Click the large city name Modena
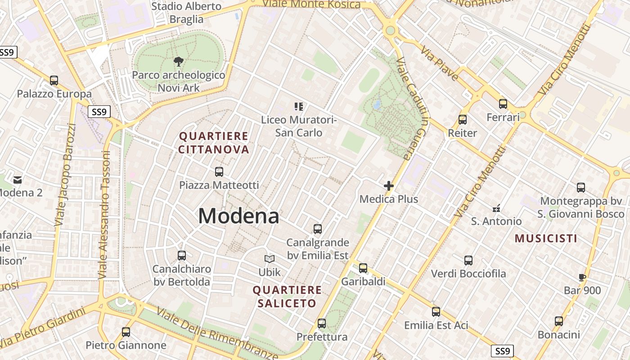(238, 216)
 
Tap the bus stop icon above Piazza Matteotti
(219, 171)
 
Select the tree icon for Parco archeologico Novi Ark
(179, 62)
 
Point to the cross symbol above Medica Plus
(389, 185)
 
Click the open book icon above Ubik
(269, 259)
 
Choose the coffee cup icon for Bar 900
(582, 277)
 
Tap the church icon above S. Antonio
(496, 208)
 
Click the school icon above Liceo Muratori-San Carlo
(299, 107)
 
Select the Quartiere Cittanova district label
(214, 143)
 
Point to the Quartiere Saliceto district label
(287, 297)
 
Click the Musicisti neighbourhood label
(546, 238)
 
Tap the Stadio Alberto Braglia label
(186, 13)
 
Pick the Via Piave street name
(440, 65)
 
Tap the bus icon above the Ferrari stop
(503, 104)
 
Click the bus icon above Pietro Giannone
(126, 332)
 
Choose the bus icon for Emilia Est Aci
(436, 311)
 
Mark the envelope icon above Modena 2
(18, 180)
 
